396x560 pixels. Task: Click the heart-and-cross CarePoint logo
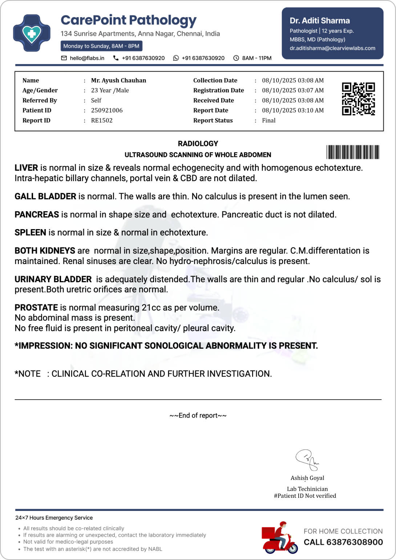pyautogui.click(x=32, y=33)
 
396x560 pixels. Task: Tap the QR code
pyautogui.click(x=358, y=99)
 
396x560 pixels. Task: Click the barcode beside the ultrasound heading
pyautogui.click(x=352, y=152)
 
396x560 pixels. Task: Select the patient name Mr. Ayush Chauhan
pyautogui.click(x=118, y=80)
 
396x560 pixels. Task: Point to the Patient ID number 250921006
pyautogui.click(x=107, y=110)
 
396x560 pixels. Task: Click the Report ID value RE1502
pyautogui.click(x=102, y=120)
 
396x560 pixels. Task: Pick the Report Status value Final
pyautogui.click(x=269, y=120)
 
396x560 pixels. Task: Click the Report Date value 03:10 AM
pyautogui.click(x=293, y=110)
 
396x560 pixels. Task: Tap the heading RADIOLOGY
pyautogui.click(x=198, y=144)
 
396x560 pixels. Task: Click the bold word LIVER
pyautogui.click(x=26, y=168)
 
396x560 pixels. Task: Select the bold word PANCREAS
pyautogui.click(x=37, y=215)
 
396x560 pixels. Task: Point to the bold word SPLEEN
pyautogui.click(x=30, y=232)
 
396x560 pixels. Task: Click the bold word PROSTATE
pyautogui.click(x=36, y=308)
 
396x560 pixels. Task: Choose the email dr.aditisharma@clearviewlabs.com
pyautogui.click(x=332, y=48)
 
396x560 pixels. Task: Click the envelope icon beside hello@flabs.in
pyautogui.click(x=64, y=58)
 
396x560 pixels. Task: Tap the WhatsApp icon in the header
pyautogui.click(x=176, y=58)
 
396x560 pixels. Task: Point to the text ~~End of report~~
pyautogui.click(x=198, y=415)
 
